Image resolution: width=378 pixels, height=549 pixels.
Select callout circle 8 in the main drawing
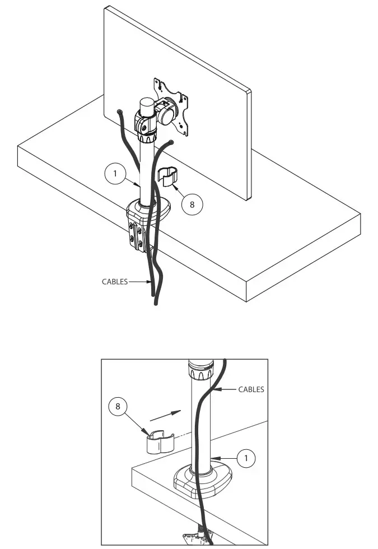tap(192, 204)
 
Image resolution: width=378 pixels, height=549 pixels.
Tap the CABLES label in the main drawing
tap(115, 282)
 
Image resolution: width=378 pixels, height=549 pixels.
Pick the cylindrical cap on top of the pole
tap(146, 106)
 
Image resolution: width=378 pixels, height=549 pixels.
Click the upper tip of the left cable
tap(119, 112)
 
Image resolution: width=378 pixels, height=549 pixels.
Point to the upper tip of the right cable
tap(171, 143)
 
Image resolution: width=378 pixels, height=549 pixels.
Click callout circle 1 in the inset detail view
tap(245, 458)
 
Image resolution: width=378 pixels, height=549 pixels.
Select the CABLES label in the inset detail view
tap(251, 389)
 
